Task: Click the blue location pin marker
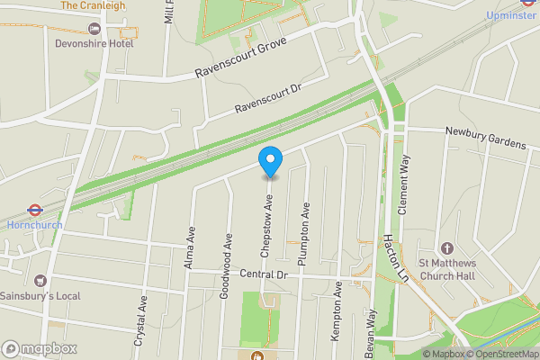(x=270, y=160)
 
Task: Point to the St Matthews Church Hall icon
(x=446, y=248)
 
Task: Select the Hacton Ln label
(x=390, y=256)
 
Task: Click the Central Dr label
(x=263, y=274)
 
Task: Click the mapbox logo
(x=40, y=348)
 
